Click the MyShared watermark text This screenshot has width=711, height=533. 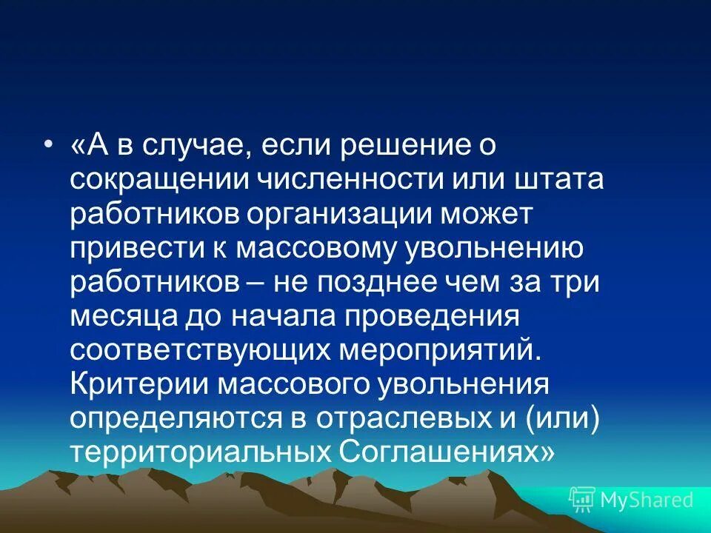point(646,500)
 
